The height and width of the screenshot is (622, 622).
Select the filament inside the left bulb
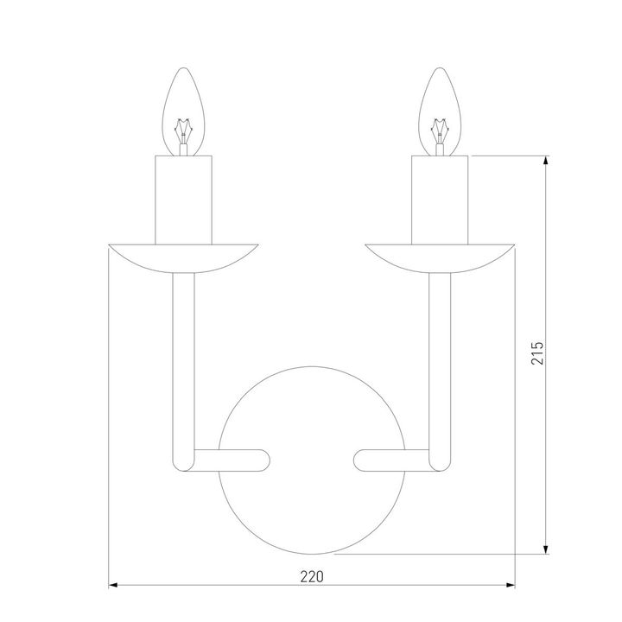tap(182, 134)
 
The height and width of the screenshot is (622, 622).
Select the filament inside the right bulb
tap(441, 134)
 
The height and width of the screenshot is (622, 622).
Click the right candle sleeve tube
tap(441, 200)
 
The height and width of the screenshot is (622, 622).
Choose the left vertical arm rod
tap(182, 363)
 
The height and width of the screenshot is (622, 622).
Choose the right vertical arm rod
tap(441, 363)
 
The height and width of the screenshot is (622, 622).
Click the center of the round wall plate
tap(312, 459)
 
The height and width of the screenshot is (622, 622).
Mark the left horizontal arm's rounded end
tap(261, 459)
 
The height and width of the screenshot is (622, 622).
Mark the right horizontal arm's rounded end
tap(363, 459)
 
